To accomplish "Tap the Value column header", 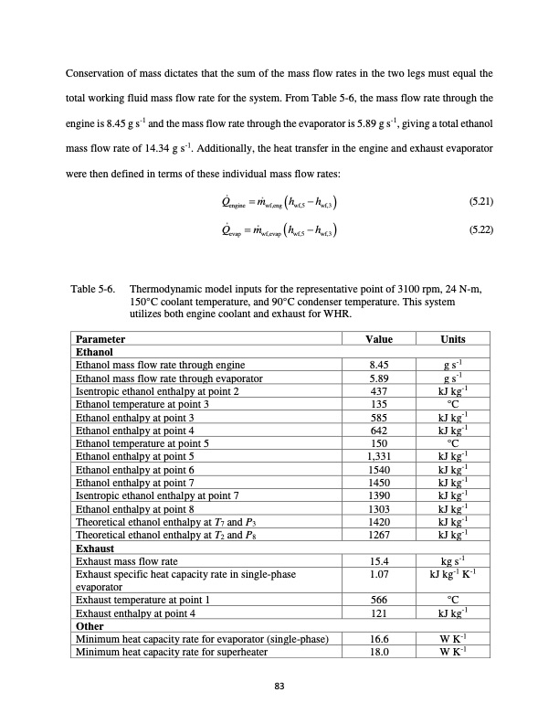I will [x=378, y=339].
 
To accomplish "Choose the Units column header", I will [x=452, y=339].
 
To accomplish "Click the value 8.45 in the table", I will [x=378, y=364].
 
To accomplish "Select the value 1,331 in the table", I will [x=378, y=454].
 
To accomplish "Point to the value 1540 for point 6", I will [x=378, y=467].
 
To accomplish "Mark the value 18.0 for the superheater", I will [x=378, y=651].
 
